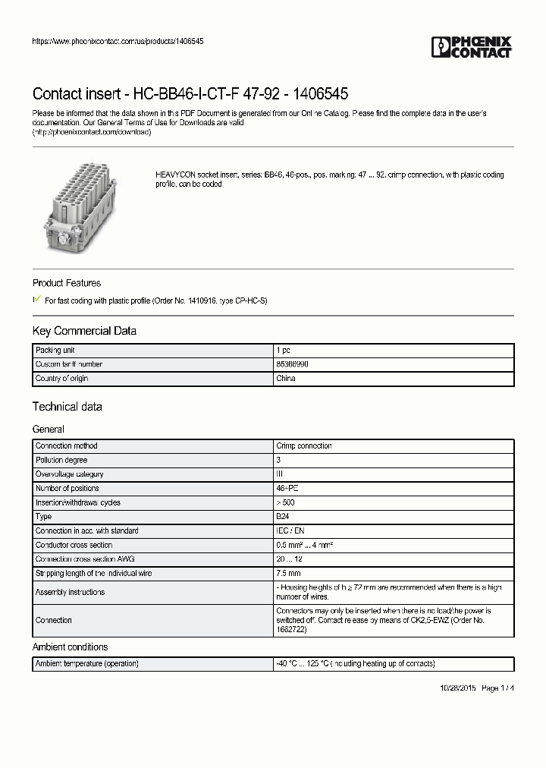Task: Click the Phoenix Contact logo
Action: pyautogui.click(x=472, y=47)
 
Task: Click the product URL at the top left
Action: pyautogui.click(x=118, y=41)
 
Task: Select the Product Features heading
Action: pyautogui.click(x=67, y=283)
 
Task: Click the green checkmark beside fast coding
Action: pyautogui.click(x=37, y=300)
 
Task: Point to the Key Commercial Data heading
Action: pyautogui.click(x=84, y=331)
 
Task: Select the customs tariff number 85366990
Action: pyautogui.click(x=292, y=364)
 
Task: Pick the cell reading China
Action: pyautogui.click(x=286, y=378)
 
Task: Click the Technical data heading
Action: pyautogui.click(x=67, y=407)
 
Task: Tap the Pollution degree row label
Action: pyautogui.click(x=61, y=460)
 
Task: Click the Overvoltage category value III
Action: pyautogui.click(x=280, y=474)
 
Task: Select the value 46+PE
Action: pyautogui.click(x=287, y=488)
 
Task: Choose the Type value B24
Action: pyautogui.click(x=283, y=517)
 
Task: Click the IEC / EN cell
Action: pyautogui.click(x=289, y=530)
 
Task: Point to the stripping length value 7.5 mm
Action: pyautogui.click(x=289, y=574)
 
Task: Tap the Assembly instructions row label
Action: pyautogui.click(x=70, y=592)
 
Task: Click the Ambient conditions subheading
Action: pyautogui.click(x=70, y=647)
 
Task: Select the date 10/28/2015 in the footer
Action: pyautogui.click(x=458, y=688)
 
